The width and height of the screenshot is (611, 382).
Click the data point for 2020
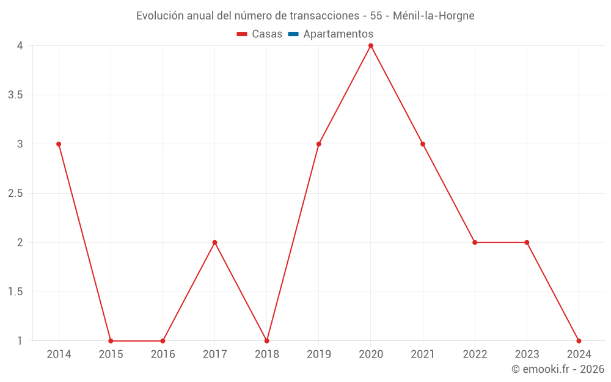click(371, 46)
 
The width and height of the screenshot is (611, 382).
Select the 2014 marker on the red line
click(59, 144)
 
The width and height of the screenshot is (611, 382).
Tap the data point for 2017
click(214, 243)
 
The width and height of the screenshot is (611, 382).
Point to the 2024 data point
click(579, 341)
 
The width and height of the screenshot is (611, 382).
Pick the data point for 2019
click(319, 144)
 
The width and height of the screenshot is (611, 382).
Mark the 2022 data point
click(475, 243)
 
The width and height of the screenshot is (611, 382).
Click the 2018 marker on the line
click(267, 341)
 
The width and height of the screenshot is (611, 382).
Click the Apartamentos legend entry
click(338, 34)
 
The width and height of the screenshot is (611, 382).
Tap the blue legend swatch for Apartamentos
click(293, 34)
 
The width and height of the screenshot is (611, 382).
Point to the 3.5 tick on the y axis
click(16, 95)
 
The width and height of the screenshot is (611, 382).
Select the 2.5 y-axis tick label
click(16, 193)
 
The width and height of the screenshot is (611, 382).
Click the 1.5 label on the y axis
click(16, 292)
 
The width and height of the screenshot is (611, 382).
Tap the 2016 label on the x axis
click(163, 354)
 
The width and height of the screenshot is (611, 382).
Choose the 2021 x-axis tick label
click(423, 354)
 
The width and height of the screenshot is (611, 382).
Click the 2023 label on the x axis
click(527, 354)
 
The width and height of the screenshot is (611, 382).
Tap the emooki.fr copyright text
click(558, 369)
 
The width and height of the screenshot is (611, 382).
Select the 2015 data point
click(111, 341)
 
